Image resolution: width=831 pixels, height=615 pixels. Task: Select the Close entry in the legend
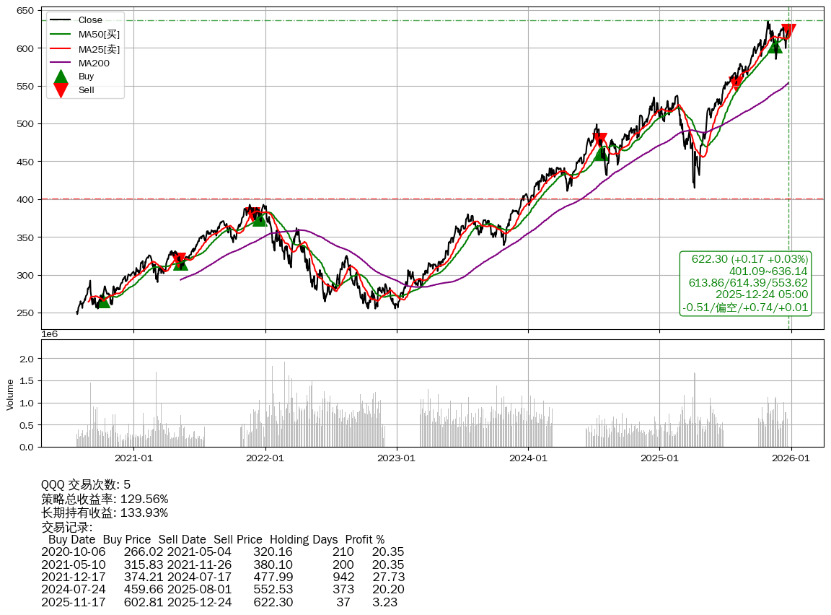pyautogui.click(x=90, y=19)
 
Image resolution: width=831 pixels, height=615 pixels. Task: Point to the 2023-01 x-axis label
pyautogui.click(x=397, y=458)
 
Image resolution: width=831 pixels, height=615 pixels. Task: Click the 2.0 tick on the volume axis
pyautogui.click(x=26, y=358)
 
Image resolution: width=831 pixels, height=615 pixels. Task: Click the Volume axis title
pyautogui.click(x=10, y=393)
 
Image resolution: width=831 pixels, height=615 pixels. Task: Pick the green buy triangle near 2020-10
pyautogui.click(x=103, y=300)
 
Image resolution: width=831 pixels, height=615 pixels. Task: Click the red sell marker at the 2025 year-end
pyautogui.click(x=788, y=31)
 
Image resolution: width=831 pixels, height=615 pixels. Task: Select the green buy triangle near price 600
pyautogui.click(x=775, y=45)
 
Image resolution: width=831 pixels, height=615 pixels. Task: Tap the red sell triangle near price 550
pyautogui.click(x=736, y=83)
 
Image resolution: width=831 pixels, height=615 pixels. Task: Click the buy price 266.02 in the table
pyautogui.click(x=138, y=552)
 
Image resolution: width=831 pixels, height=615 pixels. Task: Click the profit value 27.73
pyautogui.click(x=388, y=577)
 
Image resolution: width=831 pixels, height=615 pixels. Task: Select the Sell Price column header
pyautogui.click(x=237, y=539)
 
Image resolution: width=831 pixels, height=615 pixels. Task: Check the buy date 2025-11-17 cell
pyautogui.click(x=74, y=602)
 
